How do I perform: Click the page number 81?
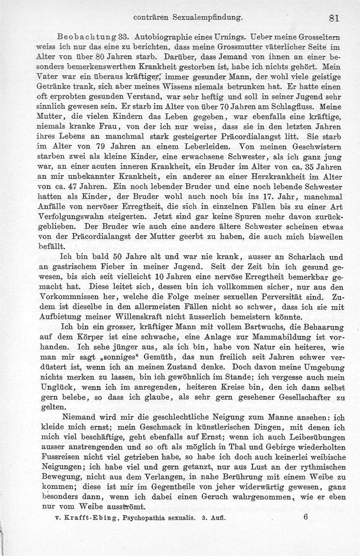[x=333, y=18]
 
